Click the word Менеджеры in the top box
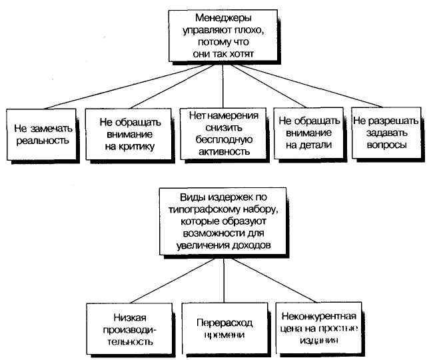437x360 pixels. pos(223,18)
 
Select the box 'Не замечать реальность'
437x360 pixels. pos(41,135)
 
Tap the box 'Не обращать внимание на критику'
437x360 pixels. pos(128,134)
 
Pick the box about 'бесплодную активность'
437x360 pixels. pos(223,133)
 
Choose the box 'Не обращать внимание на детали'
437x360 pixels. pos(308,133)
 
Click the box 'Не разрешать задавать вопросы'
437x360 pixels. pos(386,133)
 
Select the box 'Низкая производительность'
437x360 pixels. pos(129,329)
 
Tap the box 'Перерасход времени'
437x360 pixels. pos(224,329)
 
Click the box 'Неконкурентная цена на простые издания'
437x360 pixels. pos(318,328)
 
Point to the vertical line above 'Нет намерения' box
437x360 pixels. pos(223,86)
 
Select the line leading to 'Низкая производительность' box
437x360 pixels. pos(173,281)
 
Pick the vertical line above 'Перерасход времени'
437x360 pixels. pos(224,280)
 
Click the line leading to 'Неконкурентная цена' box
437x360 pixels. pos(274,280)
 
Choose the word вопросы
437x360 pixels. pos(386,145)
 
